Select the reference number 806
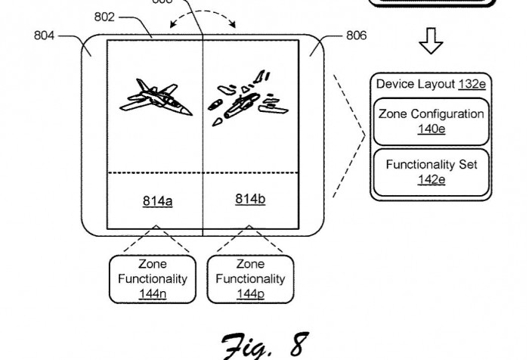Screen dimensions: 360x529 tap(357, 34)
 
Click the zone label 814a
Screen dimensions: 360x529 tap(157, 201)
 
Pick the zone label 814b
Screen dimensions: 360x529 tap(250, 199)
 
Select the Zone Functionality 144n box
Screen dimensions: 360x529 tap(153, 278)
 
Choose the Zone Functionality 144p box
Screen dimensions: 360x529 tap(250, 278)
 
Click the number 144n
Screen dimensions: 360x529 tap(153, 293)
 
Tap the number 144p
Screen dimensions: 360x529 tap(250, 293)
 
